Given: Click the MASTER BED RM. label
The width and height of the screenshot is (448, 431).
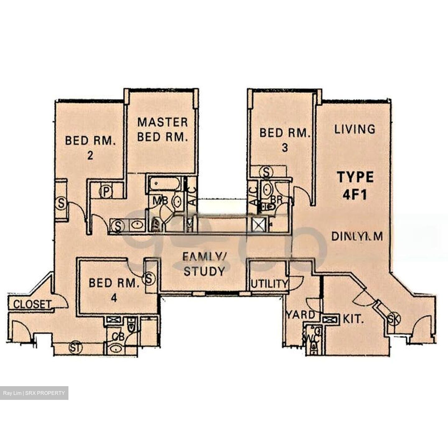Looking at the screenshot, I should coord(162,130).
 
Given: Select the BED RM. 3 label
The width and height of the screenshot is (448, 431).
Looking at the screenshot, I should coord(285,140).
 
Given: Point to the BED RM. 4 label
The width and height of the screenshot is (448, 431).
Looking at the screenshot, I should coord(114,290).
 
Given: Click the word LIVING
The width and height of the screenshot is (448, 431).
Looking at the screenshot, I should coord(355,129).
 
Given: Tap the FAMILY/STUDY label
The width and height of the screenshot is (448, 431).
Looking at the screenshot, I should coord(204,264).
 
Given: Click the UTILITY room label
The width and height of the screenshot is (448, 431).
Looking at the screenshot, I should coord(269,284).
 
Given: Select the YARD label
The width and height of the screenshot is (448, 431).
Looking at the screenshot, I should coord(301,315).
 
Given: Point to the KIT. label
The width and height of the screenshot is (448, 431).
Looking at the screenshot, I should coord(353,319).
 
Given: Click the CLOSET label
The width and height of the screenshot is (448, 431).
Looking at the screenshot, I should coord(32,304).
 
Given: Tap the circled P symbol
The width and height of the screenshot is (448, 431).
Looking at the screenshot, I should coord(106,192).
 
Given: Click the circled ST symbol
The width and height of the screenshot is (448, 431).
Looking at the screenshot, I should coord(75,348).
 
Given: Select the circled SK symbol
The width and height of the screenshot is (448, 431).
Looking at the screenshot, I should coord(394,319).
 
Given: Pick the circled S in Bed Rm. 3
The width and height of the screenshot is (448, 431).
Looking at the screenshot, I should coord(266,172).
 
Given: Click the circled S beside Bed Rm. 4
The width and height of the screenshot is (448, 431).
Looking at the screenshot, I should coord(149,278).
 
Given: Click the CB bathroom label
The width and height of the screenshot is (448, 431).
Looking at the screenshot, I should coord(118,337).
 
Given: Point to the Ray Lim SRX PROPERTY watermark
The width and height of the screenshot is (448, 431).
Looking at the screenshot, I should coord(34,393).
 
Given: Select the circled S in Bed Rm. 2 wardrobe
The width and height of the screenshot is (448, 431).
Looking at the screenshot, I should coord(61,204).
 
